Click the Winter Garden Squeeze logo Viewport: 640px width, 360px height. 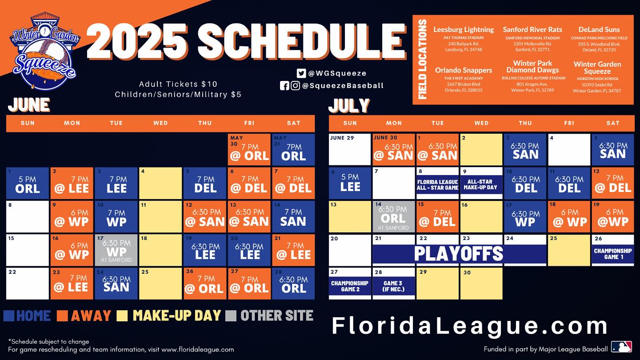(x=45, y=51)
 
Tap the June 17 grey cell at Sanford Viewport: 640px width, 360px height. (x=116, y=250)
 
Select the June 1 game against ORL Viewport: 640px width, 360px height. (x=28, y=183)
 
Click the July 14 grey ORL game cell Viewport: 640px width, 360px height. (x=393, y=216)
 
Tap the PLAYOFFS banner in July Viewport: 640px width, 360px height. (x=460, y=254)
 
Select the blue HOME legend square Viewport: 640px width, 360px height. (x=9, y=316)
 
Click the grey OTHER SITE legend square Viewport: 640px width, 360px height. (x=231, y=316)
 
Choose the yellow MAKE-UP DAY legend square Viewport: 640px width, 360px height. (x=122, y=316)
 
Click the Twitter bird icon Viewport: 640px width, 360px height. (x=301, y=73)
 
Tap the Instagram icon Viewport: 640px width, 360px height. (x=295, y=85)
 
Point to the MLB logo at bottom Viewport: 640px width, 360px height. (x=621, y=347)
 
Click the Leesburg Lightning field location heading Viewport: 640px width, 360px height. (x=464, y=29)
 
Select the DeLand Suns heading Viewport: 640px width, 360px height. (x=599, y=29)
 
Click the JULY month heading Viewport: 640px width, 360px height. (x=349, y=105)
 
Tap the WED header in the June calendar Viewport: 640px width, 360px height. (x=160, y=123)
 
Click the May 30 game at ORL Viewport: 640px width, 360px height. (x=249, y=150)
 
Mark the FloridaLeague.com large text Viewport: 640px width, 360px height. (x=469, y=325)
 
